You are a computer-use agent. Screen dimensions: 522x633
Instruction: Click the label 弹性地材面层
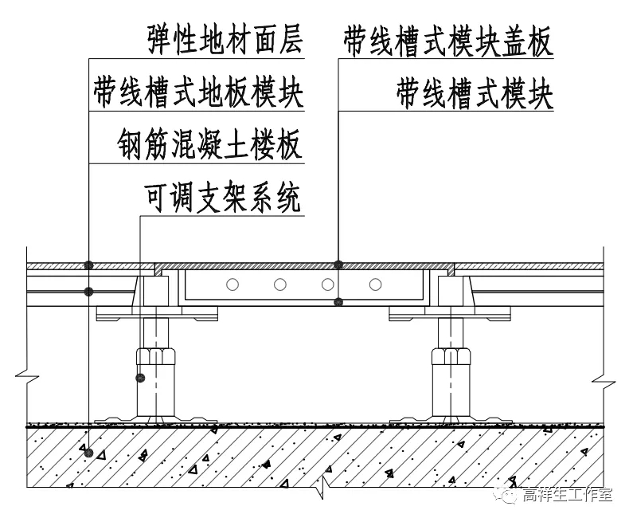(225, 40)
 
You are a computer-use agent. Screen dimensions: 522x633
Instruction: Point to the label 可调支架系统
(224, 198)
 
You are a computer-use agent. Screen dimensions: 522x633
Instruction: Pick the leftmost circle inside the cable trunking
(232, 285)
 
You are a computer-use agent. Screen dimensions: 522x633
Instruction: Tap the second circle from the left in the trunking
(279, 285)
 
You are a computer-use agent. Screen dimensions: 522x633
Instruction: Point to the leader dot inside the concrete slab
(89, 453)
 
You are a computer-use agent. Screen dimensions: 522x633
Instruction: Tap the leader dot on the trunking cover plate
(338, 265)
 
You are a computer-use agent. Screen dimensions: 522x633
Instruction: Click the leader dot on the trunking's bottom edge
(338, 301)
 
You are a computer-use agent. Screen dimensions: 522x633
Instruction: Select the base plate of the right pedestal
(451, 418)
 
